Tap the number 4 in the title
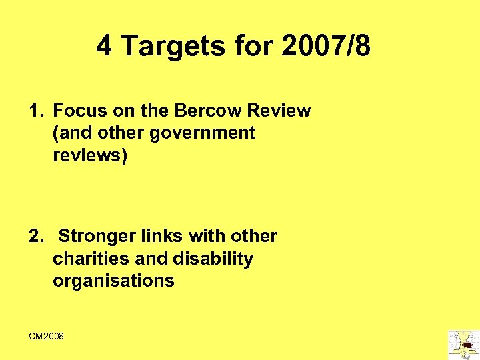[104, 47]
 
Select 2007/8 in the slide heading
[327, 47]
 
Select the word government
[203, 133]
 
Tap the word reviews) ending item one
[89, 155]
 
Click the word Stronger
[97, 236]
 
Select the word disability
[213, 258]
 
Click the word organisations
[113, 281]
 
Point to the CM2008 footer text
[47, 337]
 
